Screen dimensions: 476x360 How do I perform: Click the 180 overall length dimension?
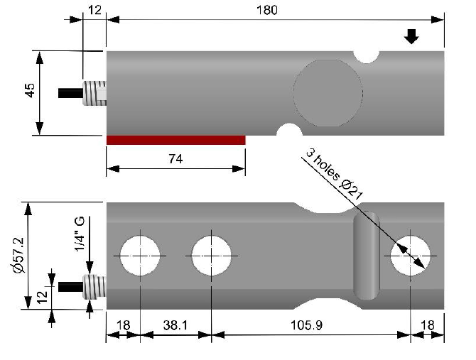pos(267,10)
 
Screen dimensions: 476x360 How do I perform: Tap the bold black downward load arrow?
pos(411,36)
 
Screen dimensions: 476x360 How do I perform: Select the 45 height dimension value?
pos(30,90)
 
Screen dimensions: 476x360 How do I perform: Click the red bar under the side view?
pos(175,140)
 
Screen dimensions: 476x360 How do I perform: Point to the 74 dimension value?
pos(175,159)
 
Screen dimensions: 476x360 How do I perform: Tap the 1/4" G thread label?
pos(80,234)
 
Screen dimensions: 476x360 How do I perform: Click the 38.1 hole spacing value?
pos(175,325)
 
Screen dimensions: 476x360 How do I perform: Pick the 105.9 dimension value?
pos(306,325)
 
